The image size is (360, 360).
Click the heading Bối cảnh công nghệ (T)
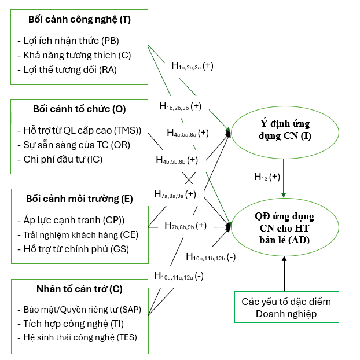coord(80,19)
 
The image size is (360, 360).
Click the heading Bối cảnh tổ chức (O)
coord(79,108)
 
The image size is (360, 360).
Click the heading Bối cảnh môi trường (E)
coord(79,199)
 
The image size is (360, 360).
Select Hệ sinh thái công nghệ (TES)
coord(77,337)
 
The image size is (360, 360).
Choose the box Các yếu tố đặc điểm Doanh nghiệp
coord(286,307)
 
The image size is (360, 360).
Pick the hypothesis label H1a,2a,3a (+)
coord(192,66)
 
